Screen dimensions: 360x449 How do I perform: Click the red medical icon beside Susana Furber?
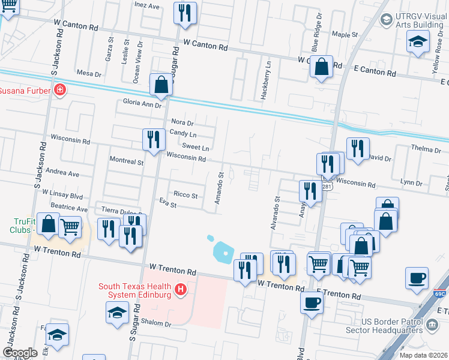pyautogui.click(x=59, y=91)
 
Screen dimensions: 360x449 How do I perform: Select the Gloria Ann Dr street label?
pyautogui.click(x=142, y=104)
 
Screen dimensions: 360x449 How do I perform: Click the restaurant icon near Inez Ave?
pyautogui.click(x=185, y=13)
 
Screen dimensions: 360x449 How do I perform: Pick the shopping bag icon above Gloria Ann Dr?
pyautogui.click(x=161, y=85)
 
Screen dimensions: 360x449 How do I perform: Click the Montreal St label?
pyautogui.click(x=126, y=161)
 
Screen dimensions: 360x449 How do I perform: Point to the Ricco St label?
pyautogui.click(x=185, y=195)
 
